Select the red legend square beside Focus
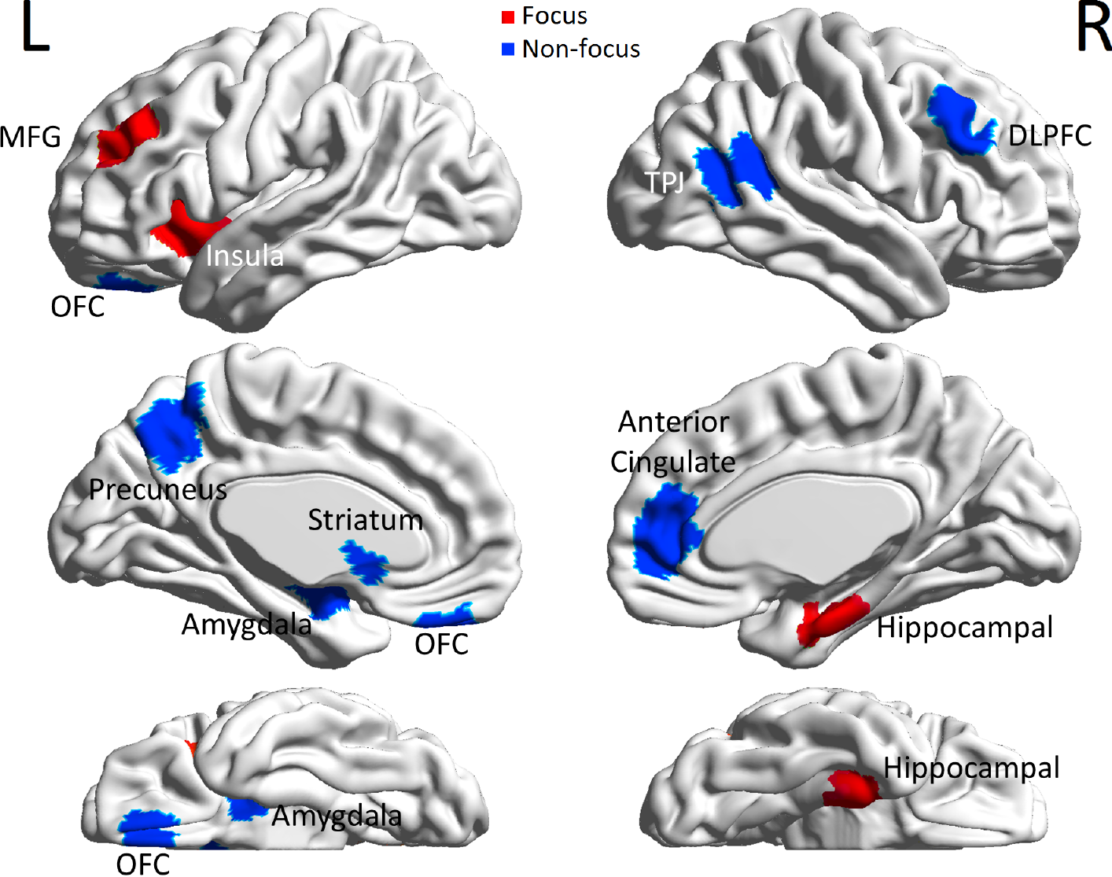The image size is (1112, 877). coord(508,17)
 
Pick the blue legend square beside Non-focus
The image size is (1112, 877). coord(508,50)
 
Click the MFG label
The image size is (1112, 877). coord(30,137)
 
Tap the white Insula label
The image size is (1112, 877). coord(245,256)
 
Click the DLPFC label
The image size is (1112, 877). coord(1050,136)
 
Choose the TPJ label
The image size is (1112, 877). coord(665,182)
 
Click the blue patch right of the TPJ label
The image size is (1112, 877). coord(736,169)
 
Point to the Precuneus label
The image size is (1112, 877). coord(157,489)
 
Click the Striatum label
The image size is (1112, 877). coord(365,520)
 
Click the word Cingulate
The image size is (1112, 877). coord(673,462)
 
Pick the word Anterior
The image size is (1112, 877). coord(673,422)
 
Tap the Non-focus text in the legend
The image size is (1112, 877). coord(580,50)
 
